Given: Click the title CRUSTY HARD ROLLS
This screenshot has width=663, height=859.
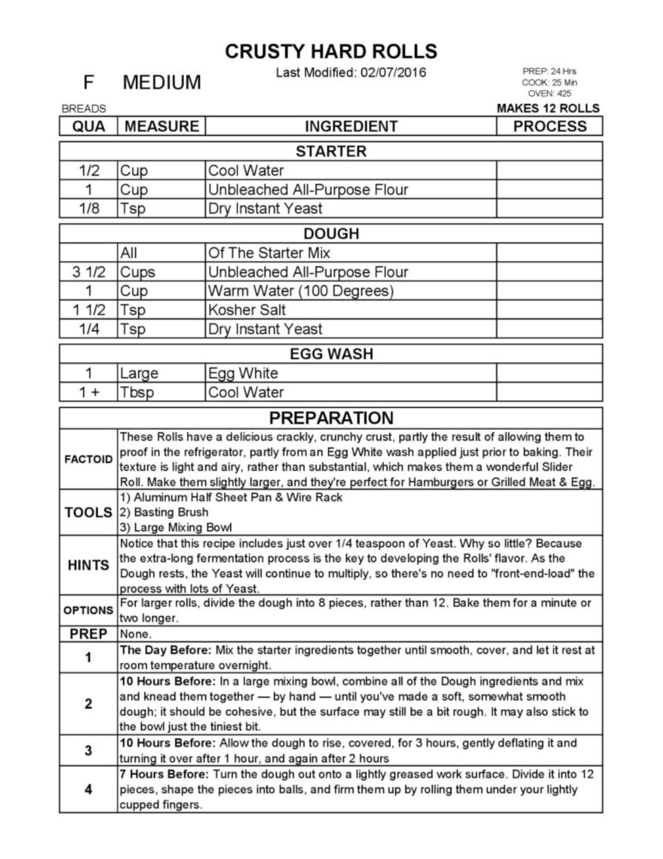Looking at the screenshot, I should click(x=331, y=52).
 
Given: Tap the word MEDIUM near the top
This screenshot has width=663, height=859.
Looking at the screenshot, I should click(x=162, y=82).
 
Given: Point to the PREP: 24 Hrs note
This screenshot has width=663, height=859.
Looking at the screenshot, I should click(x=549, y=71).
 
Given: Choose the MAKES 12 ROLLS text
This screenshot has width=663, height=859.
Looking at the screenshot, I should click(x=548, y=108).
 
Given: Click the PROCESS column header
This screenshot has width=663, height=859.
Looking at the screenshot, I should click(x=549, y=126).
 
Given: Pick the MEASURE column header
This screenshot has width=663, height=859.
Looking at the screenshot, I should click(x=162, y=126).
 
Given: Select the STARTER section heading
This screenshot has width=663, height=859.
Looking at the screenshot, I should click(x=331, y=151).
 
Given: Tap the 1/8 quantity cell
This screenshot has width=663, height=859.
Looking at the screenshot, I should click(x=89, y=208).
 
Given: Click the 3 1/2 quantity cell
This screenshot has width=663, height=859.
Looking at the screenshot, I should click(x=89, y=272).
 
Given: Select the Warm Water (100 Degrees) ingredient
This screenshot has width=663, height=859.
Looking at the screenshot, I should click(x=301, y=291).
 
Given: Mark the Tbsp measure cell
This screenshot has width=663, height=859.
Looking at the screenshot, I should click(x=137, y=392).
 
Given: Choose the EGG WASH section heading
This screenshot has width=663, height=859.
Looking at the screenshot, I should click(x=331, y=354).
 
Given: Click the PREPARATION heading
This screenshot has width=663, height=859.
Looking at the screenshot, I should click(x=331, y=418).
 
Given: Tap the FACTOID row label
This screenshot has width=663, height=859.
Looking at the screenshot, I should click(x=88, y=459).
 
